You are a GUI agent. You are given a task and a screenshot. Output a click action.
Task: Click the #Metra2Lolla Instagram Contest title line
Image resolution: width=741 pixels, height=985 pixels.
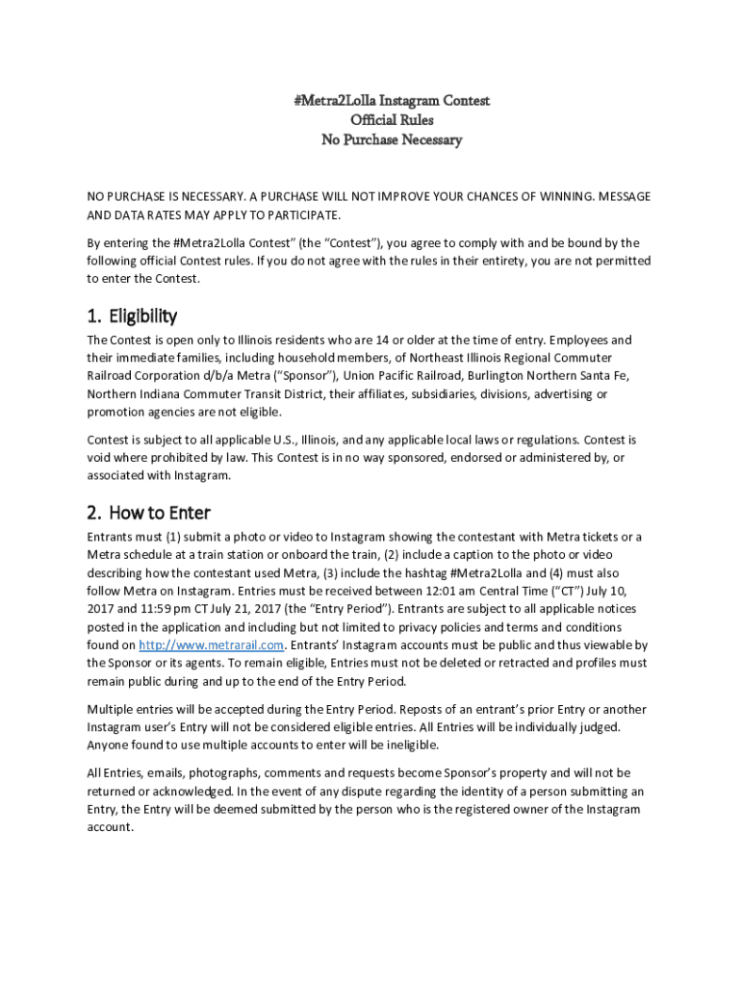coord(392,100)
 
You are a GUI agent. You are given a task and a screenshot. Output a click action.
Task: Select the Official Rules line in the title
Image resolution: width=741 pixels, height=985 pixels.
coord(392,120)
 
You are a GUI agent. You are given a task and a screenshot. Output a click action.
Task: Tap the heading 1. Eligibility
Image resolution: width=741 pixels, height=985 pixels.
coord(132,316)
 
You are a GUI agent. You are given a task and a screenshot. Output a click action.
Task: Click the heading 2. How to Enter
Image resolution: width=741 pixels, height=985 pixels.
coord(148,512)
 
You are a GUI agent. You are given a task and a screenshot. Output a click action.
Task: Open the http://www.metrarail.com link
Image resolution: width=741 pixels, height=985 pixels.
coord(212,644)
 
